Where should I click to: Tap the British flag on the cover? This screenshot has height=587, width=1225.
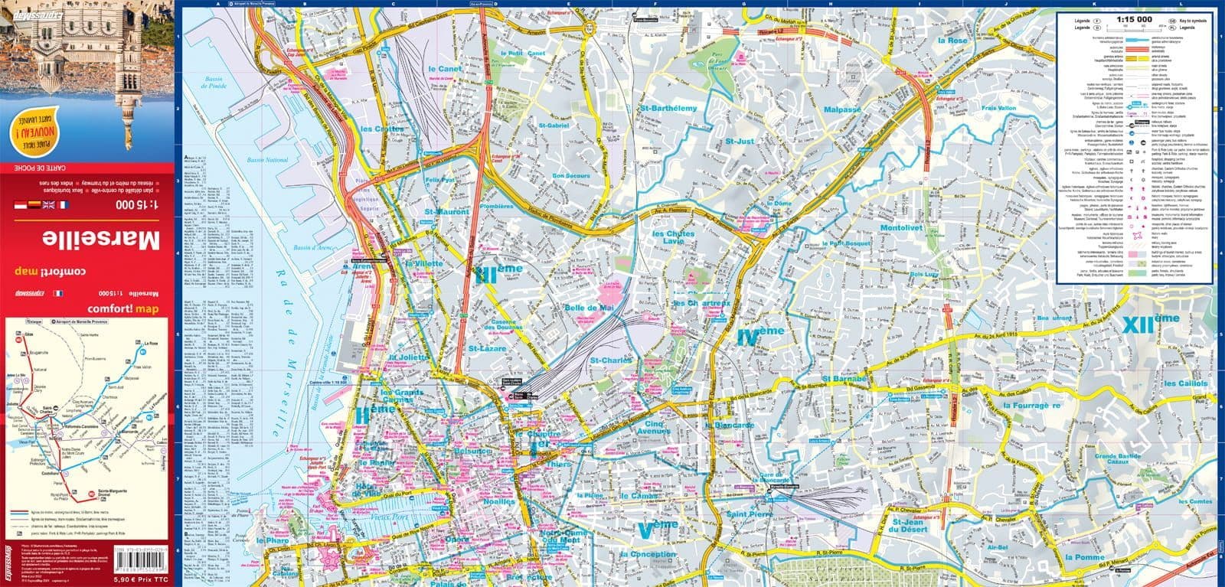tap(48, 205)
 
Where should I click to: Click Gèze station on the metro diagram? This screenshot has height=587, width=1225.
tap(30, 335)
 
